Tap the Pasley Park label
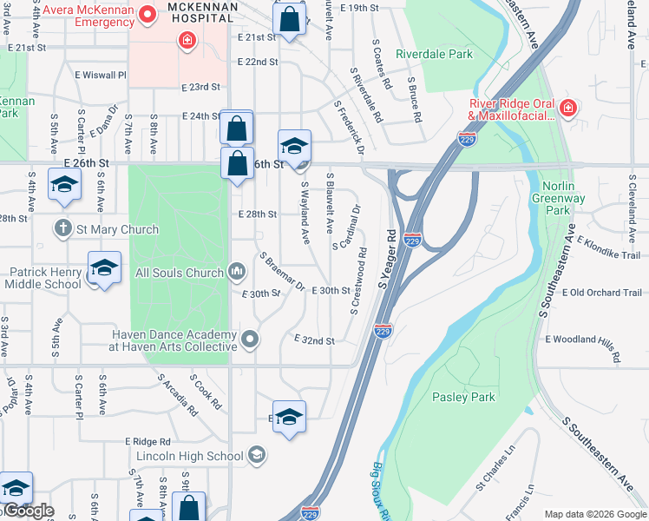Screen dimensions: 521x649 coord(463,397)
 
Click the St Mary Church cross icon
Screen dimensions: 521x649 coord(62,229)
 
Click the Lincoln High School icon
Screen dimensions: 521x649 coord(256,455)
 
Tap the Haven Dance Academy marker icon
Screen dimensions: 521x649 coord(251,340)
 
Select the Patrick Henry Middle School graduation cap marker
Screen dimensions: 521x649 coord(104,267)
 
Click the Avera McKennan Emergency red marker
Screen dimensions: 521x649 coord(147,14)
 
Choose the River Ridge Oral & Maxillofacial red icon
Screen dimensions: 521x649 coord(567,108)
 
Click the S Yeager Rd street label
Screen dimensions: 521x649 coord(387,259)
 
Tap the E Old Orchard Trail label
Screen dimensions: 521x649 coord(601,293)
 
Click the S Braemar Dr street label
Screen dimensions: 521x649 coord(281,272)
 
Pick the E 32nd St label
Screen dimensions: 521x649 coord(314,340)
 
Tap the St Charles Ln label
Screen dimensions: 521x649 coord(495,467)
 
